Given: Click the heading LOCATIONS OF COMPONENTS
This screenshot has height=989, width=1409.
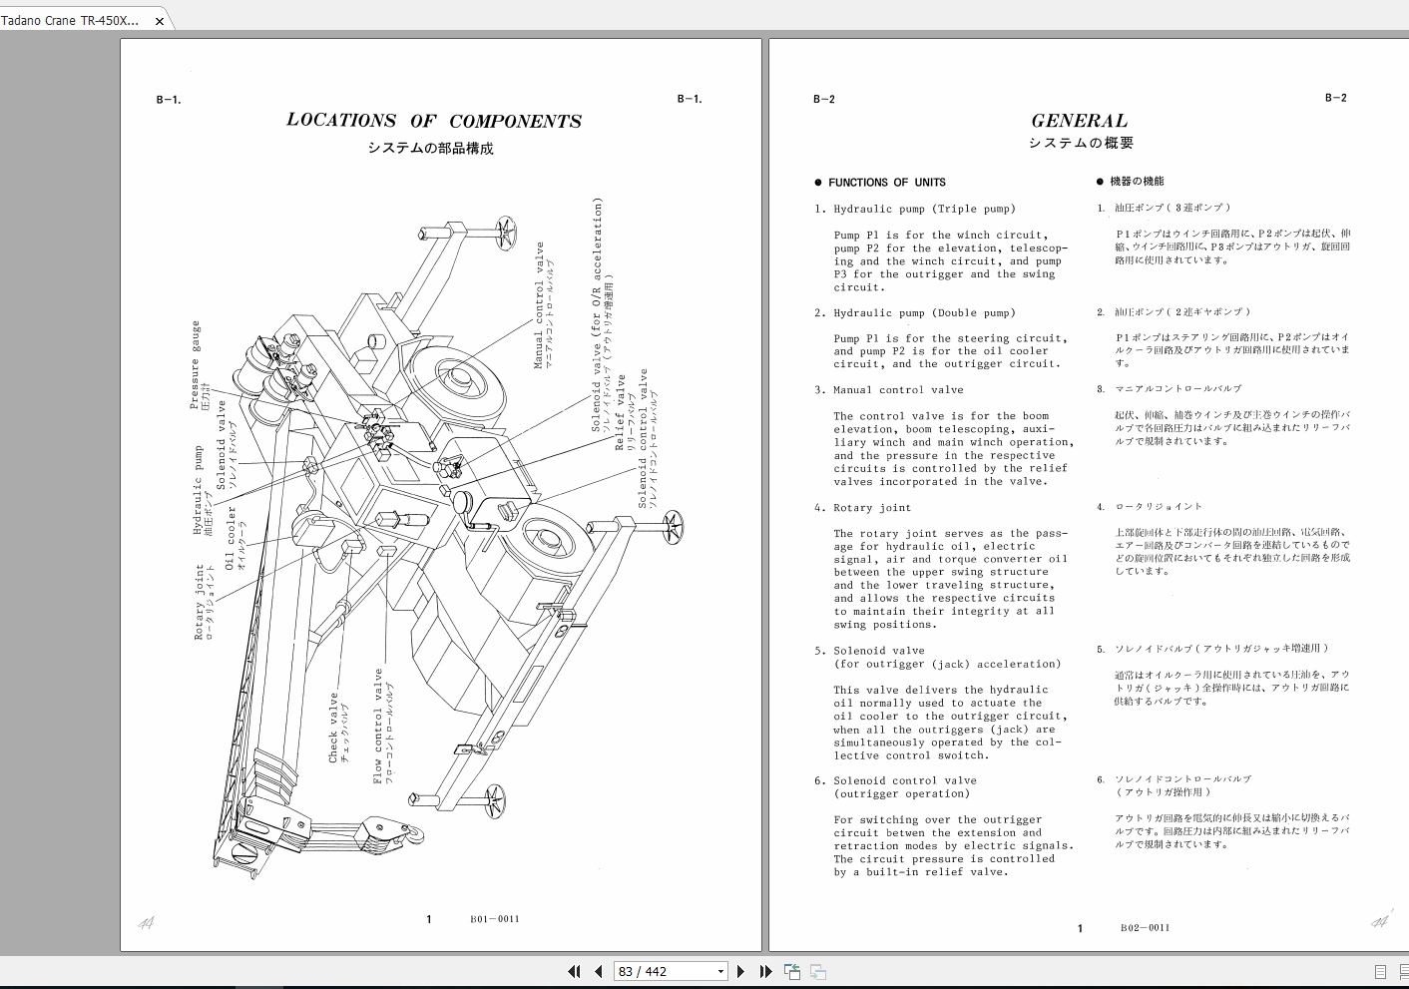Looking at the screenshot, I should [433, 121].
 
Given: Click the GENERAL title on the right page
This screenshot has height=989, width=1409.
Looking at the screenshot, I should [1079, 121].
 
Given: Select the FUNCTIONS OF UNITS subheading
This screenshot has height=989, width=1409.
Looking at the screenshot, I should [886, 183].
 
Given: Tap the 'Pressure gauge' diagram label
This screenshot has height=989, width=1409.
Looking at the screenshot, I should [196, 364].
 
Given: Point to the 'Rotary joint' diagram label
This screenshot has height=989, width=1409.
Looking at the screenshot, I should [200, 602].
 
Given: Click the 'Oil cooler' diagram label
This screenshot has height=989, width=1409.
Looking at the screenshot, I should [231, 538].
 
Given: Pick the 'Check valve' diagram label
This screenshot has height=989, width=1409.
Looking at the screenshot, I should [334, 728].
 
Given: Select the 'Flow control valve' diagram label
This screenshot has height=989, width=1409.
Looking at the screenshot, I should [378, 726].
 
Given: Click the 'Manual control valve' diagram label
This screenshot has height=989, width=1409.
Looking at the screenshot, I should [540, 305].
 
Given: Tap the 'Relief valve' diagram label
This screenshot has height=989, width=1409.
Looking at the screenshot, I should [620, 412].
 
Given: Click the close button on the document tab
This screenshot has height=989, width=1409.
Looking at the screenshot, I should [159, 21].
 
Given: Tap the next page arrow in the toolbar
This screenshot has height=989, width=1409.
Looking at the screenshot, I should [740, 971].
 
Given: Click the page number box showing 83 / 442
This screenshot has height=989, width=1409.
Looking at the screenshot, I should [670, 971].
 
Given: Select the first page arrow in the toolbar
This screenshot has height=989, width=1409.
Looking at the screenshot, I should [574, 971].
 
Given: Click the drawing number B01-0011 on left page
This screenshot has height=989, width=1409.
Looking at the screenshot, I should [495, 919].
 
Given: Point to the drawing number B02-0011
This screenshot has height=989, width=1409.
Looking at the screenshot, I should [1145, 928].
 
